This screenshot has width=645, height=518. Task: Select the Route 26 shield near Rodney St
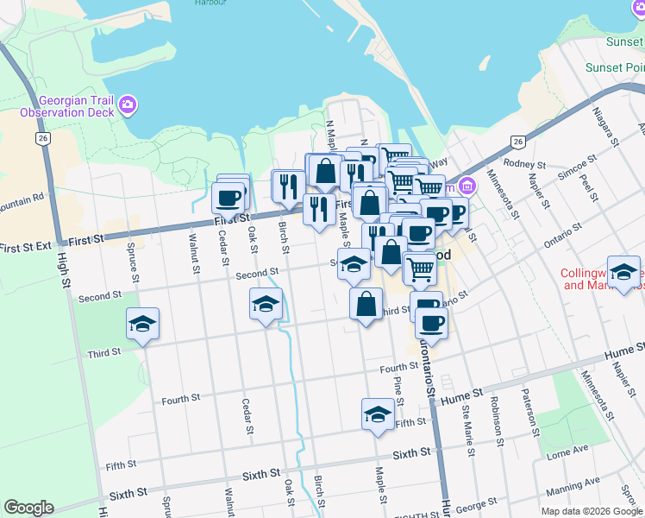pos(517,142)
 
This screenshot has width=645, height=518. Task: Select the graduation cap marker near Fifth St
pos(377,414)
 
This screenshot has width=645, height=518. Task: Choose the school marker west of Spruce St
pos(143,324)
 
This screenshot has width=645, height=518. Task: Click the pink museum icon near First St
pos(467,185)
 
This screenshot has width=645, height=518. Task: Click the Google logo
pos(28,508)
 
